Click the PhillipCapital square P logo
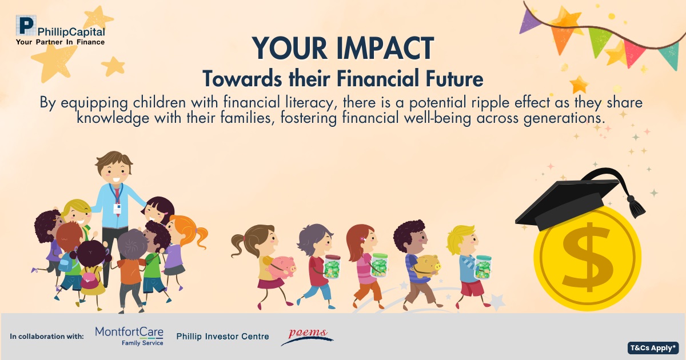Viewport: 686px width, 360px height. click(x=26, y=25)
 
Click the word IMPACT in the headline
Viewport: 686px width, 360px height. click(x=385, y=49)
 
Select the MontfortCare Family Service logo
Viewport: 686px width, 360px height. click(x=129, y=336)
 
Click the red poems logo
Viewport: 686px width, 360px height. click(x=307, y=337)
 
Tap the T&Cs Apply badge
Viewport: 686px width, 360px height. click(x=653, y=348)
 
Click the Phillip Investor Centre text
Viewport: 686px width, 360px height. click(x=222, y=337)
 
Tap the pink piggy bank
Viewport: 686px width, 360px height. click(x=281, y=267)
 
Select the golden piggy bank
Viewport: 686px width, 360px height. click(x=428, y=265)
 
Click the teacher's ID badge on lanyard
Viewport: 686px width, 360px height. click(x=117, y=209)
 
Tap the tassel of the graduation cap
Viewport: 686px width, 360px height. click(x=636, y=207)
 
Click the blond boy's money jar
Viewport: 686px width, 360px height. click(x=483, y=267)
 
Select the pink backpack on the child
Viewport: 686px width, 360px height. click(x=89, y=279)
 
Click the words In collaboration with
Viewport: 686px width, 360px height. click(x=47, y=337)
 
